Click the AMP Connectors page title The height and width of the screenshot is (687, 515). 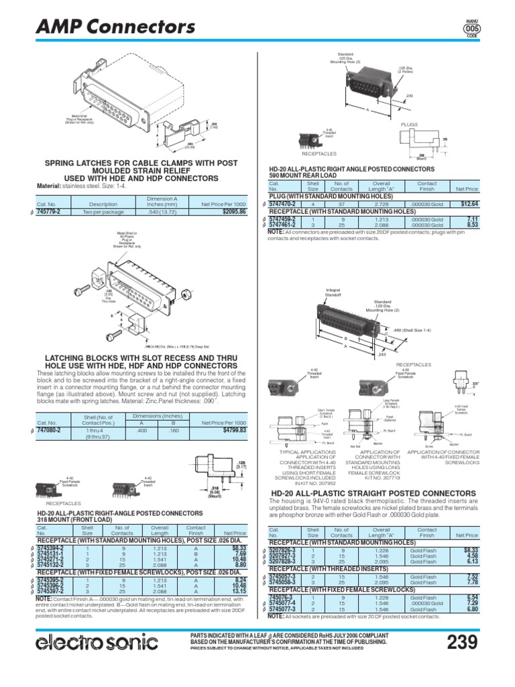point(115,26)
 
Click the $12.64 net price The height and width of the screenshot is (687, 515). point(464,204)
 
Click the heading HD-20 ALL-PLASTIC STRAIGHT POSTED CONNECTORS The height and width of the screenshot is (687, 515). point(374,493)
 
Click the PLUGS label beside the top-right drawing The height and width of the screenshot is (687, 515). point(409,125)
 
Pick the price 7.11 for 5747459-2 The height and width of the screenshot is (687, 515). point(471,219)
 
